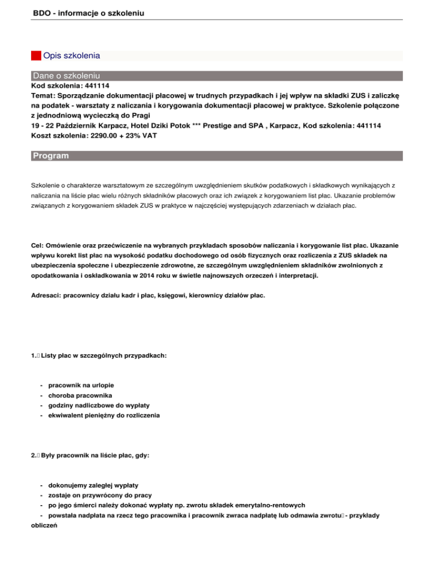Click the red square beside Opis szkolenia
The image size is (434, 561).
(x=36, y=56)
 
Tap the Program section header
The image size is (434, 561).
(x=51, y=156)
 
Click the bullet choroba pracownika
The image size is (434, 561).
(x=80, y=395)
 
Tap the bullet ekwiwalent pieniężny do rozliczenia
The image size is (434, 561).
(x=104, y=415)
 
